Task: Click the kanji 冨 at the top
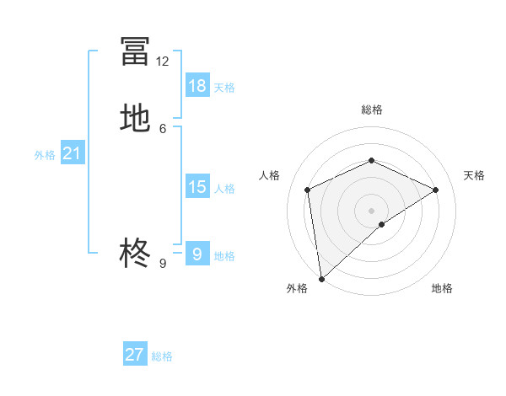click(135, 51)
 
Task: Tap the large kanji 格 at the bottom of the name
click(135, 252)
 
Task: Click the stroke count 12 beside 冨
click(163, 62)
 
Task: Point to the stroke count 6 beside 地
click(163, 128)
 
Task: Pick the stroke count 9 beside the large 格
click(163, 263)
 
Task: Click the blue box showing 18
click(197, 85)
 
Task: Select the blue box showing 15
click(197, 187)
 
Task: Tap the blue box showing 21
click(72, 153)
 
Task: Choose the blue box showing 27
click(135, 355)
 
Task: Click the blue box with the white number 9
click(197, 254)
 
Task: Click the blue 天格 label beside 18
click(224, 88)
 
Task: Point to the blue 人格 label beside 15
click(224, 189)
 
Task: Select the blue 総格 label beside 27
click(162, 356)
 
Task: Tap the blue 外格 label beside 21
click(45, 155)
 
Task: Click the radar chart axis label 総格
click(371, 110)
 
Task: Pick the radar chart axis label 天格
click(475, 175)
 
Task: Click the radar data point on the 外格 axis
click(321, 279)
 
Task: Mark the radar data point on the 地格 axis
click(382, 224)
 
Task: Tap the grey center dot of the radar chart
click(371, 210)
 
